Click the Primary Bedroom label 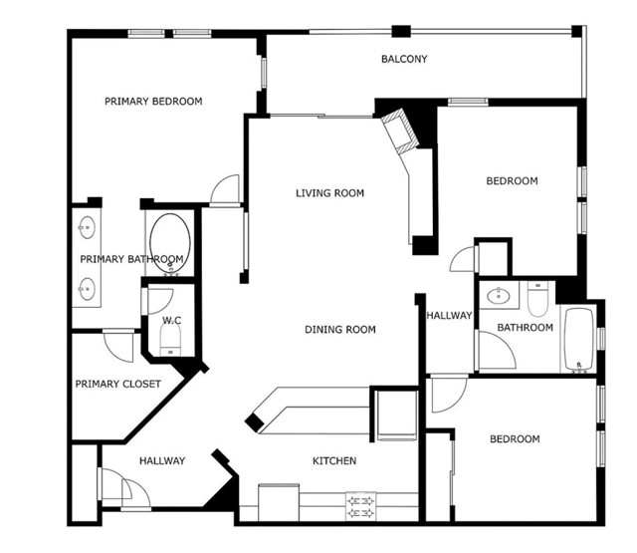(153, 101)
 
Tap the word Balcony (404, 59)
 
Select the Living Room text (329, 193)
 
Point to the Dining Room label (340, 330)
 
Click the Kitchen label (334, 461)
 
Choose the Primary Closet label (117, 384)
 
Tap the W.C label (170, 321)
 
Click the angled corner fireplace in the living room (402, 131)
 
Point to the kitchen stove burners (359, 505)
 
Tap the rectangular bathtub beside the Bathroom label (578, 338)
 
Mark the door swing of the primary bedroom (227, 191)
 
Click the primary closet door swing (119, 345)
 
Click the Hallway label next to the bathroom (448, 316)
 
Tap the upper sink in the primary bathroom (87, 228)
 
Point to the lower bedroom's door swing (446, 394)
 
